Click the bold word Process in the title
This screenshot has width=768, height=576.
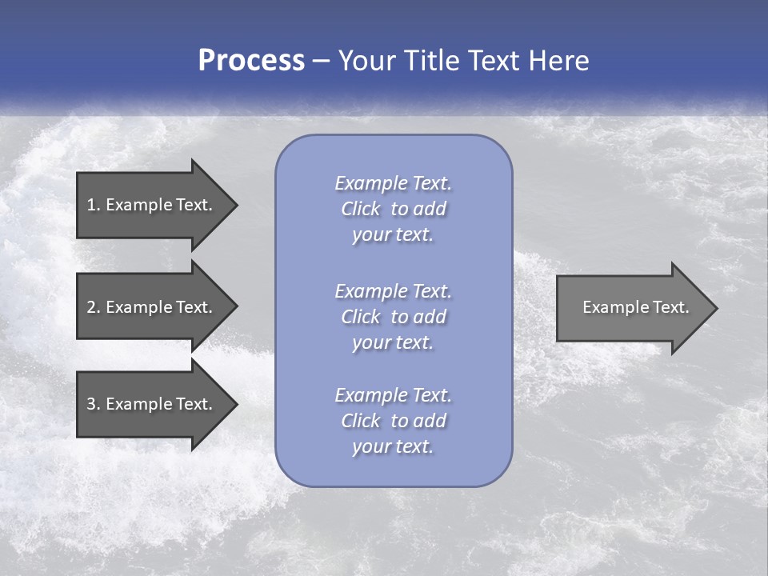coord(251,61)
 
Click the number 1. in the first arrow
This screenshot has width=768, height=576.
coord(93,205)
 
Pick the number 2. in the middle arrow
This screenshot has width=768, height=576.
coord(93,307)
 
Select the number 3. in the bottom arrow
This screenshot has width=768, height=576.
coord(93,404)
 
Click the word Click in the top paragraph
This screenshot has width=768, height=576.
coord(361,209)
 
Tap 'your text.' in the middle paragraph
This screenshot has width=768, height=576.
coord(393,342)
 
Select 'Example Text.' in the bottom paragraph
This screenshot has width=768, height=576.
coord(393,395)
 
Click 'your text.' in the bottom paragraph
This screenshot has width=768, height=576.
coord(393,446)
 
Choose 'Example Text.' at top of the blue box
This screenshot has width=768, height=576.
coord(393,183)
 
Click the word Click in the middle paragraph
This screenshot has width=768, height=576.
coord(361,317)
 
